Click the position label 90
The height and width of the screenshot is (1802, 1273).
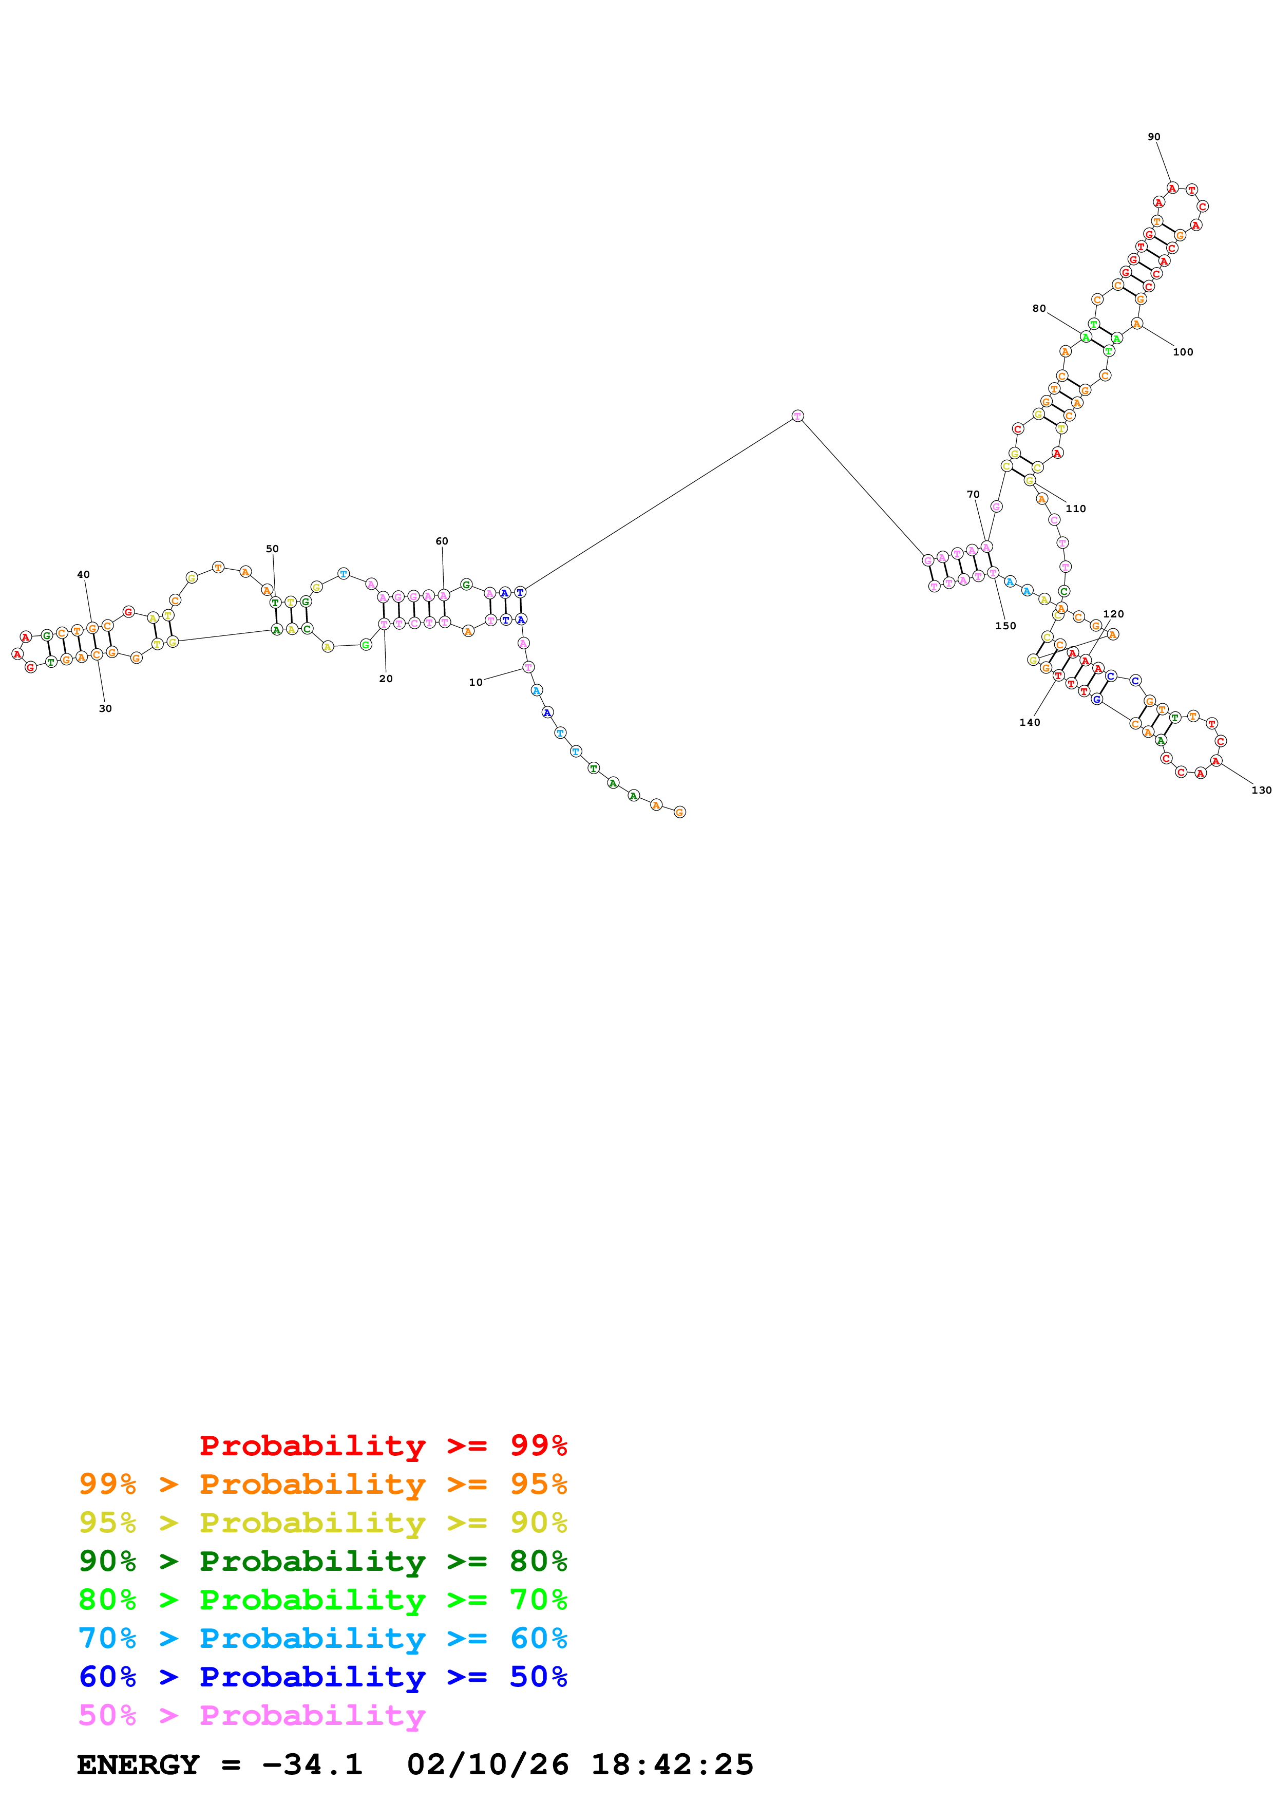[x=1154, y=137]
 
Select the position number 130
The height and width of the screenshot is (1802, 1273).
[x=1261, y=791]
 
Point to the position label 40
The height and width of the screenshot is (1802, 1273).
[x=83, y=574]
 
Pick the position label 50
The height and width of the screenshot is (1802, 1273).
[x=272, y=549]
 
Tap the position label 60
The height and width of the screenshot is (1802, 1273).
[x=442, y=541]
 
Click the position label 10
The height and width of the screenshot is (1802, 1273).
[x=476, y=682]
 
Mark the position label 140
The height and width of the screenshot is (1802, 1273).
[x=1029, y=723]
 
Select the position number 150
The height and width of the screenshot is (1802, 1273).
[x=1005, y=626]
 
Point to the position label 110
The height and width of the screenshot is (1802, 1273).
[x=1075, y=509]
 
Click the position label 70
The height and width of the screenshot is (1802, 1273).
[x=973, y=495]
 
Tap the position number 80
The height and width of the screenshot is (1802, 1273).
[x=1038, y=308]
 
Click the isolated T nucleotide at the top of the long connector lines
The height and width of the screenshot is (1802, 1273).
[x=797, y=416]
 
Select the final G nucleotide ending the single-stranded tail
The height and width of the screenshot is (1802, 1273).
[x=679, y=812]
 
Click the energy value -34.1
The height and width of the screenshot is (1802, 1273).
[x=311, y=1765]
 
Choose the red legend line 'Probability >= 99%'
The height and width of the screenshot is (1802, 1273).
[x=383, y=1446]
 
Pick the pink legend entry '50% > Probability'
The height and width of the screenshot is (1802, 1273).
[x=252, y=1716]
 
